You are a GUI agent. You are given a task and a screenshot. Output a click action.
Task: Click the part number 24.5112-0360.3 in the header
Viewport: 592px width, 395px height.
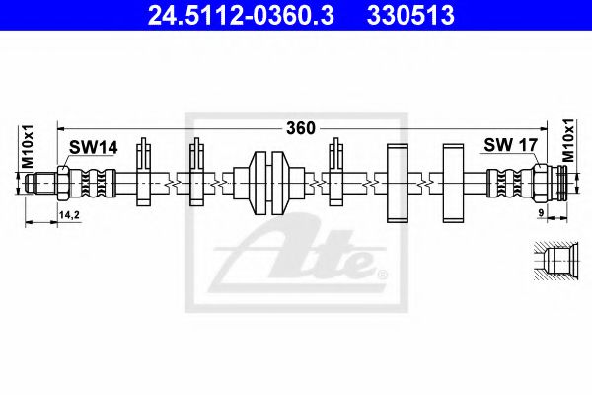coord(241,16)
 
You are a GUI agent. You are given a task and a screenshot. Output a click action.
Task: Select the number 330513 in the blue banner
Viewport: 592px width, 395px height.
coord(410,16)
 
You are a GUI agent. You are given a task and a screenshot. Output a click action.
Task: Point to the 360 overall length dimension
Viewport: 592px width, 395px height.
coord(301,128)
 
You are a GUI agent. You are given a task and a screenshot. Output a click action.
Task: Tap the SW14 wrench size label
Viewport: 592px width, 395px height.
coord(93,147)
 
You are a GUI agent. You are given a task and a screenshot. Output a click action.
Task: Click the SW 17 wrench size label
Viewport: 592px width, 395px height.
coord(510,145)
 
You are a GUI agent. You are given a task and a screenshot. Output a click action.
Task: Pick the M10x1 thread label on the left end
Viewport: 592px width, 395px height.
coord(28,146)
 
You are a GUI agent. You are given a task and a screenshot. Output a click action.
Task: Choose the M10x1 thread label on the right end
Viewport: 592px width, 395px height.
coord(568,140)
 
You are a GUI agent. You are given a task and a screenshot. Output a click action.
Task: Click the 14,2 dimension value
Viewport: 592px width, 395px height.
coord(69,215)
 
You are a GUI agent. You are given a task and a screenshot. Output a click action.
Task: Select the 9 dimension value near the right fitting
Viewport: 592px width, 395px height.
coord(541,213)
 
